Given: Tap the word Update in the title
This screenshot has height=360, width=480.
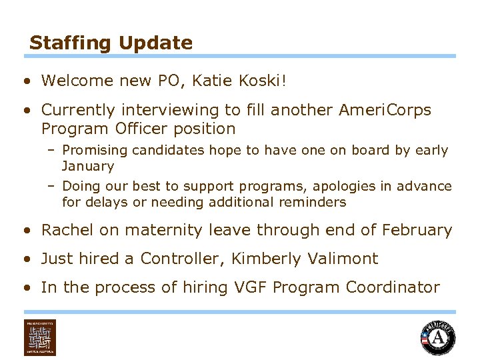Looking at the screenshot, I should click(156, 43).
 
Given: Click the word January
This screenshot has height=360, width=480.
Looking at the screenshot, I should click(88, 166).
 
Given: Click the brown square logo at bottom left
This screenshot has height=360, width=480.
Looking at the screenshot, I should click(40, 337).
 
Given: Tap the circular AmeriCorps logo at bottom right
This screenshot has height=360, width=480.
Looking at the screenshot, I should click(438, 337).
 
